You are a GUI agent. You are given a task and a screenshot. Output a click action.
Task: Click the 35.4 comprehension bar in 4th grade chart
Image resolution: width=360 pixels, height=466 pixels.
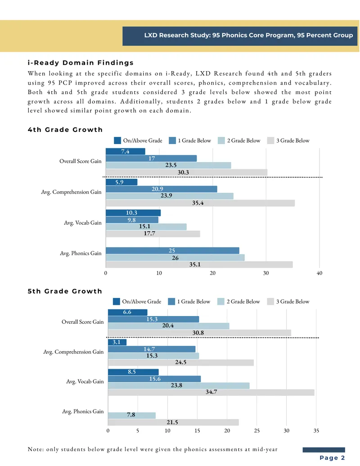point(200,203)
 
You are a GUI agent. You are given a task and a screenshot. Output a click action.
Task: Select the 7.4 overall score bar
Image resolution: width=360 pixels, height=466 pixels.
point(126,151)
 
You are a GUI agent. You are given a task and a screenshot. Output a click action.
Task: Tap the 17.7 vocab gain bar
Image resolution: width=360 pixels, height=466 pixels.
point(153,234)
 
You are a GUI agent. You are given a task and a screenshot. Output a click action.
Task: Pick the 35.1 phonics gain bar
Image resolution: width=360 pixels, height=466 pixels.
point(199,264)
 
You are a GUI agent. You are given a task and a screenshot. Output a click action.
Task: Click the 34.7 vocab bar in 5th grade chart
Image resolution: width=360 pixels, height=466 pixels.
point(211,392)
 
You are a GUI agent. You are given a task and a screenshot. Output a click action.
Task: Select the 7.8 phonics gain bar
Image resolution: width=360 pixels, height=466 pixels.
point(132,415)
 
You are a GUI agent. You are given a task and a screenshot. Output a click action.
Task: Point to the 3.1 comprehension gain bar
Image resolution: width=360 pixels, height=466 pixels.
point(117,342)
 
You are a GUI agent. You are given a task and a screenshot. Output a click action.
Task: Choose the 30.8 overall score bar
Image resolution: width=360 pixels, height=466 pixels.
point(200,333)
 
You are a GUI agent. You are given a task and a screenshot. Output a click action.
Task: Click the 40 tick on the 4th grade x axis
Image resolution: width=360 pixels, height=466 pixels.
point(319,273)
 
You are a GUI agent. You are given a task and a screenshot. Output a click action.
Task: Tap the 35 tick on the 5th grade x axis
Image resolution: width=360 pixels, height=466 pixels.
point(316,430)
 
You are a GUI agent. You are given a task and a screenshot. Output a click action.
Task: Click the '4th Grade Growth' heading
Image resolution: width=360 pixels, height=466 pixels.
point(65,130)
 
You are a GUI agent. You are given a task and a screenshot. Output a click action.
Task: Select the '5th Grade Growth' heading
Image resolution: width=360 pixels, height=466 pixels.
point(65,291)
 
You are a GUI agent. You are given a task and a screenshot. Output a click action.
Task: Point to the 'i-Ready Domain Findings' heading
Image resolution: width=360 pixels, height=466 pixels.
point(81,63)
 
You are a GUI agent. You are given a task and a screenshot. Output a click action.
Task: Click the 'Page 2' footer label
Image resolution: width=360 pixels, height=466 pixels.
point(332,458)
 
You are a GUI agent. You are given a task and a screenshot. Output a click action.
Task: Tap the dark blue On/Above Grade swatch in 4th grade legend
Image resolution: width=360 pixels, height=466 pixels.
point(117,140)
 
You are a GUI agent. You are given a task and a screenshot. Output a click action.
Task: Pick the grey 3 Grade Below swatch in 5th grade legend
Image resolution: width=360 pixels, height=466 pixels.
point(270,302)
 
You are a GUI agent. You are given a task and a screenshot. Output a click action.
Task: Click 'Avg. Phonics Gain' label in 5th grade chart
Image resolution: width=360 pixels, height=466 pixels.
point(83,412)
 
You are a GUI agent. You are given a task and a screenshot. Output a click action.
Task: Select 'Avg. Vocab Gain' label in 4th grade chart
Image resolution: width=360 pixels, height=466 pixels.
point(82,222)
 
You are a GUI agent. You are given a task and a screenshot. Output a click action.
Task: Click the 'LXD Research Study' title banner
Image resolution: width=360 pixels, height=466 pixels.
point(240,36)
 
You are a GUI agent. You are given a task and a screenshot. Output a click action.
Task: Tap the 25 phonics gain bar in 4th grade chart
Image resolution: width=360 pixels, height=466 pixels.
point(172,250)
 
